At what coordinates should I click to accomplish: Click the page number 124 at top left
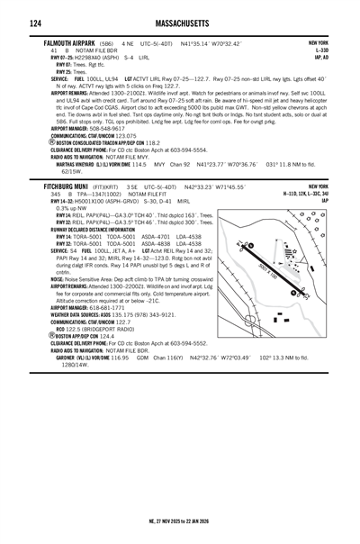pos(14,22)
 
